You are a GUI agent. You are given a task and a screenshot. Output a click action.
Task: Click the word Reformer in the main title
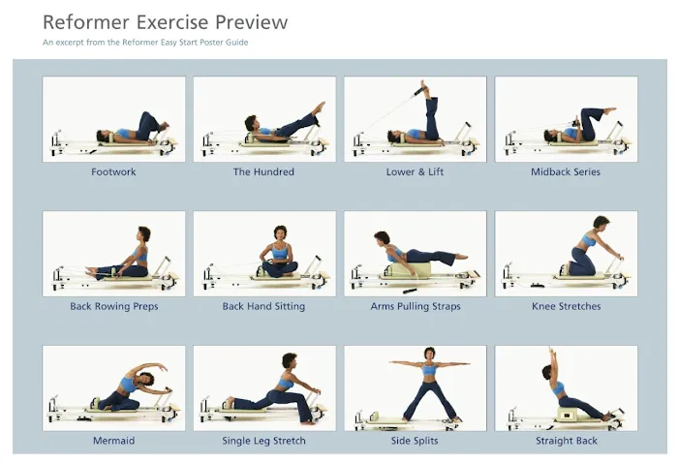86,22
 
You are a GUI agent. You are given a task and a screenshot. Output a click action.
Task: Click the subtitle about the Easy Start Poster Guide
145,43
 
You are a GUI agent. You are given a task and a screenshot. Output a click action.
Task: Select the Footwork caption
113,171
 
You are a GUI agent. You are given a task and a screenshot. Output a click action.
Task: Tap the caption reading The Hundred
263,171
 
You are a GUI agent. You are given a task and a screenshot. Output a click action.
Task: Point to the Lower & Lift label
415,171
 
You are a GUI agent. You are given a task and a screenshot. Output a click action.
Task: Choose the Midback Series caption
566,171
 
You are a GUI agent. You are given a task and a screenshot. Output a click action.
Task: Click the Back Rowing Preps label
114,306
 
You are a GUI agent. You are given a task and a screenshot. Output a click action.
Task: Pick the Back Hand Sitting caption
263,306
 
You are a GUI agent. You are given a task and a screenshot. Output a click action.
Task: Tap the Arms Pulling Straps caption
416,306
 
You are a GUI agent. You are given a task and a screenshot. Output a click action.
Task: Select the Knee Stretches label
567,306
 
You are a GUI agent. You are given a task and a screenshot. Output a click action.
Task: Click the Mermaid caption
113,441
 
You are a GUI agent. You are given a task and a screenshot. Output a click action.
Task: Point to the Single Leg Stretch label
263,441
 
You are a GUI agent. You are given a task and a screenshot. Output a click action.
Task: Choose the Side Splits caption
415,441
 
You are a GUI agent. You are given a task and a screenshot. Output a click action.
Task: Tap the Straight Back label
567,441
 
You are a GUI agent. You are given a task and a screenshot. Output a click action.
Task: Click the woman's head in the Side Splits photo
429,355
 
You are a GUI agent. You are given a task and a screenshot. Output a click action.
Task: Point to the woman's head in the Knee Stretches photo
601,224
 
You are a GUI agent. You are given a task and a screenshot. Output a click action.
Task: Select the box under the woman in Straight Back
572,415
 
